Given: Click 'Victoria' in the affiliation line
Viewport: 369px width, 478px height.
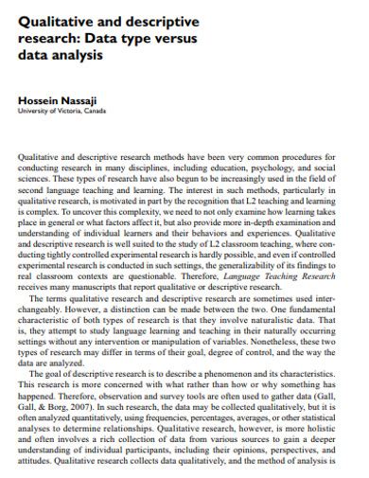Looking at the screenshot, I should point(66,110).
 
